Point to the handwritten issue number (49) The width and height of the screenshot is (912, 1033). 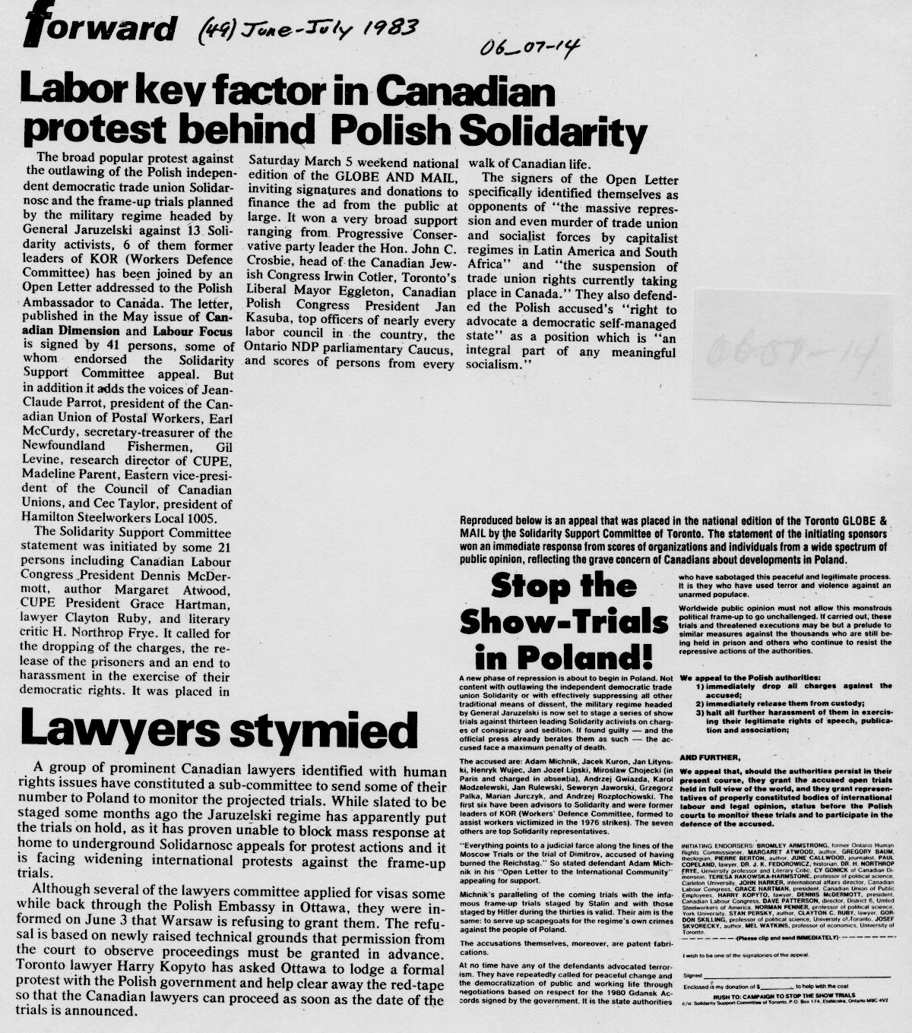[x=216, y=31]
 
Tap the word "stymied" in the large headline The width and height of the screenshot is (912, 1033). [x=321, y=731]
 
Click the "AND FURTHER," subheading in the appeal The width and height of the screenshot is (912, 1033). [x=708, y=757]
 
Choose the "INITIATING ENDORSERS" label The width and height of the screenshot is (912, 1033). [x=719, y=845]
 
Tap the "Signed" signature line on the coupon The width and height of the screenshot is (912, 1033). [x=692, y=975]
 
